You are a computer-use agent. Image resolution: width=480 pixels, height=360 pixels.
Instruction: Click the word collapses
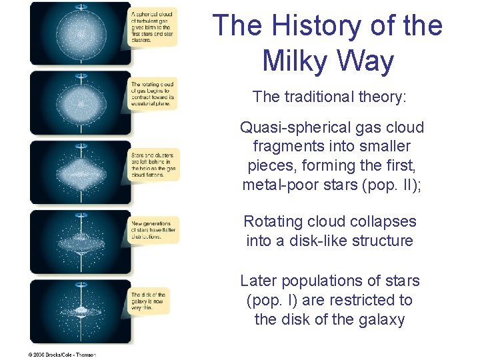[x=387, y=221]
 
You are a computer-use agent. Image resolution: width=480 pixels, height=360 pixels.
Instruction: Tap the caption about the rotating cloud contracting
[x=152, y=94]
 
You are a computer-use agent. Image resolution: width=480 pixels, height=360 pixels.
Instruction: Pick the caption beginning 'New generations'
[x=153, y=230]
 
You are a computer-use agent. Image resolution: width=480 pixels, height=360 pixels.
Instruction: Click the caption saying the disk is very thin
[x=149, y=303]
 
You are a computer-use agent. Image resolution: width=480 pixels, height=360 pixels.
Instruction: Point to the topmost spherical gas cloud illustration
[x=80, y=33]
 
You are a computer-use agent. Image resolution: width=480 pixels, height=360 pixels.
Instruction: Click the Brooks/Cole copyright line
[x=62, y=355]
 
